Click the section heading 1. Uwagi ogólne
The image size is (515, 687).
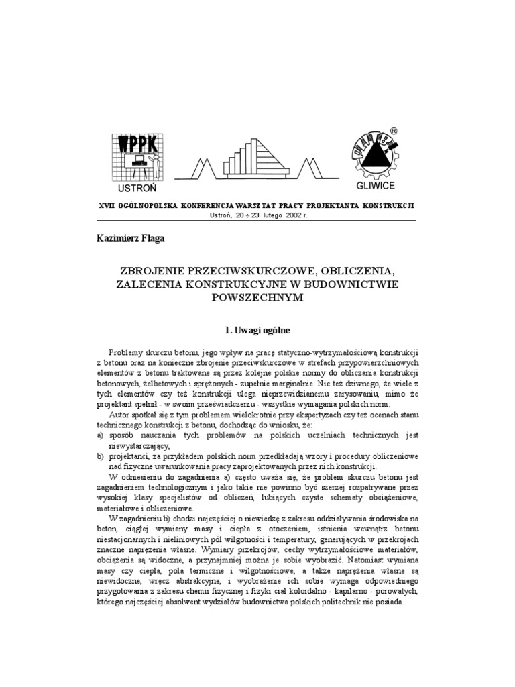(257, 330)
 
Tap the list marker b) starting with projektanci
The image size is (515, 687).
(102, 456)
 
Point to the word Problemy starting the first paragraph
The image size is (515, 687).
(127, 352)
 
